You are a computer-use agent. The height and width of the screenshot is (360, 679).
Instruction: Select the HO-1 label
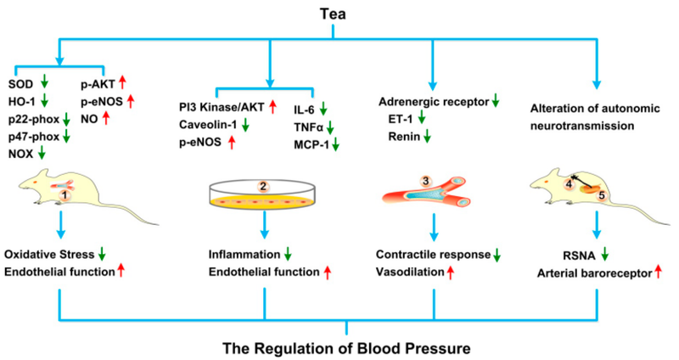22,101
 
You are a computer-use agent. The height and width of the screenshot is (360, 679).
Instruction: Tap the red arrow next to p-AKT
121,84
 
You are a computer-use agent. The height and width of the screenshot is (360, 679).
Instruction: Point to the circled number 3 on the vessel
427,182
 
